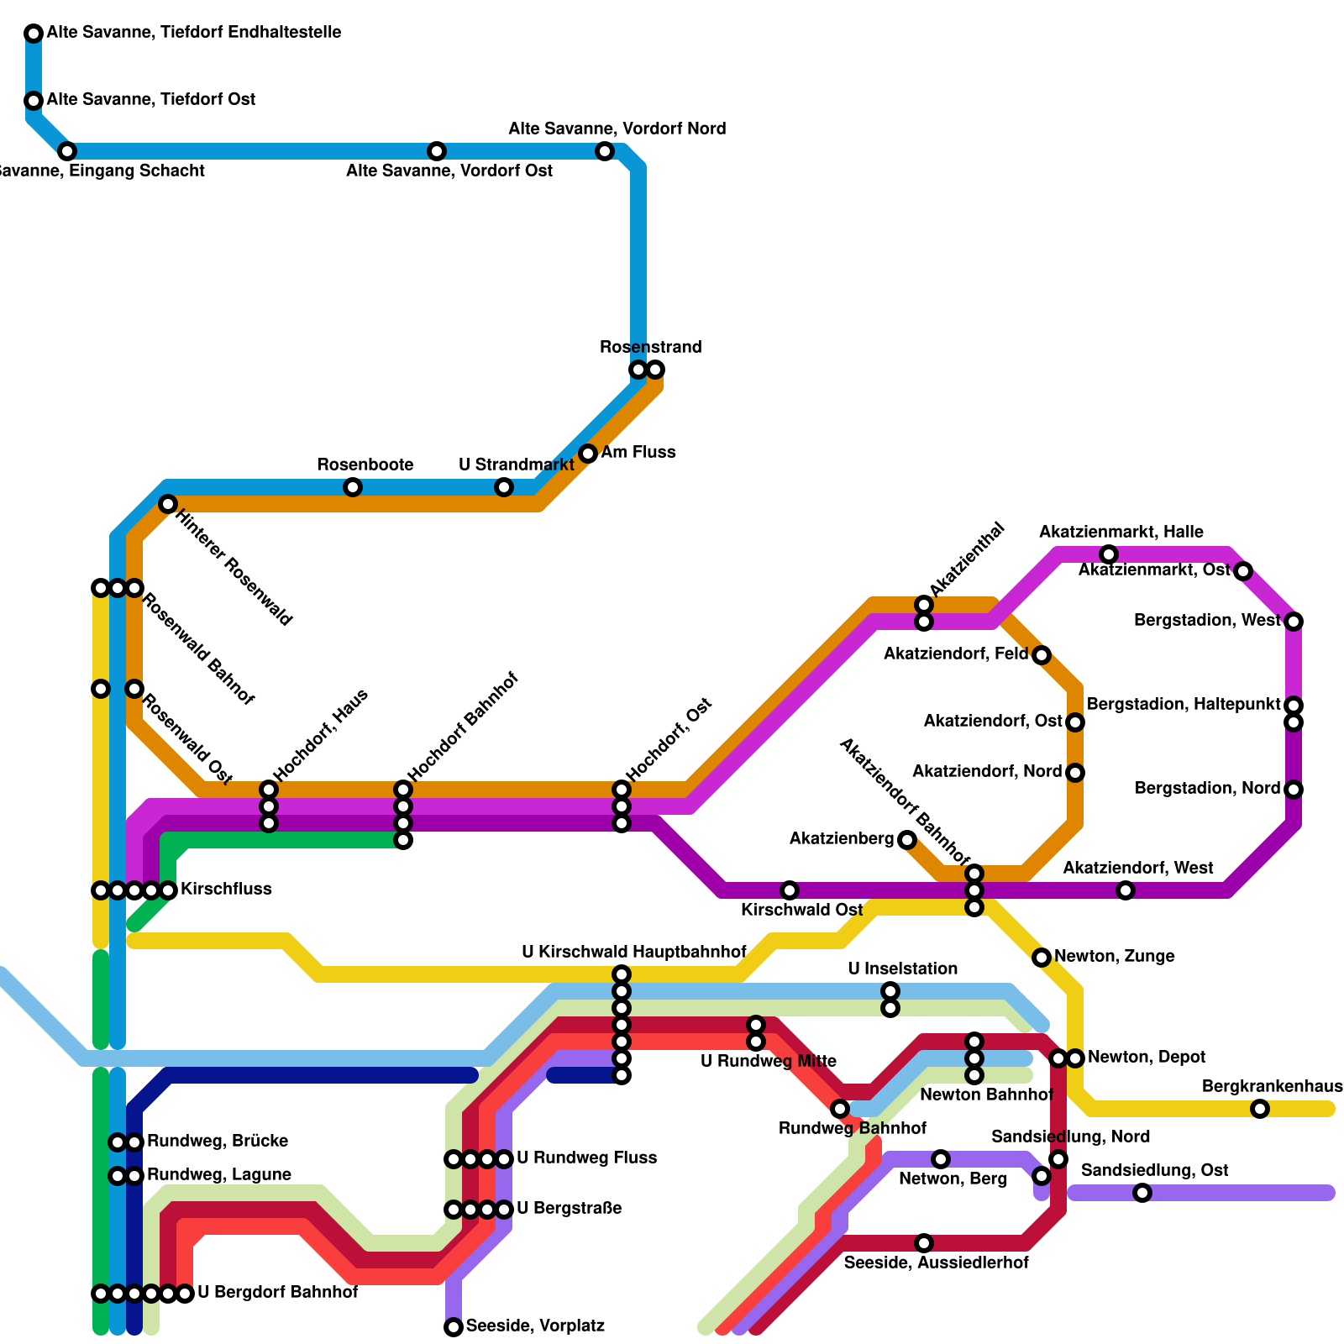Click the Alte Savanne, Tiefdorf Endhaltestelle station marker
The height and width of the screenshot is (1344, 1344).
(x=34, y=34)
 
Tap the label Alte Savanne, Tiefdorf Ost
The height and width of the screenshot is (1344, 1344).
(x=151, y=100)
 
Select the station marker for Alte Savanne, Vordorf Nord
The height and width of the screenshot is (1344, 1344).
(x=605, y=151)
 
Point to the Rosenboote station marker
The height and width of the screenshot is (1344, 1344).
(x=353, y=487)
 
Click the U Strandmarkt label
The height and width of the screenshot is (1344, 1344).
(x=516, y=465)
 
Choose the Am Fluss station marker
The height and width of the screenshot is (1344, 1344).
(x=588, y=454)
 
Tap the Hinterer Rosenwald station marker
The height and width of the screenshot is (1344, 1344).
(x=168, y=504)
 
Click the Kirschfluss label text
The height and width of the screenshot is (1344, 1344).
(x=226, y=890)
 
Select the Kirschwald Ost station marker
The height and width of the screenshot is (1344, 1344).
(x=790, y=890)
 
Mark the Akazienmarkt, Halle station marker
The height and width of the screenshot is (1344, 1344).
(x=1109, y=554)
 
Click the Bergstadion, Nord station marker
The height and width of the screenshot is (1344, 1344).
(x=1294, y=790)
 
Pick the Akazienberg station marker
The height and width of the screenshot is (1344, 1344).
(x=907, y=839)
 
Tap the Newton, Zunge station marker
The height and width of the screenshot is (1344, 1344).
(x=1042, y=958)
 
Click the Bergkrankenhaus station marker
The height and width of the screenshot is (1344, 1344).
(x=1260, y=1109)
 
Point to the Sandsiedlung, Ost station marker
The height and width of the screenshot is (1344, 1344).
(x=1142, y=1193)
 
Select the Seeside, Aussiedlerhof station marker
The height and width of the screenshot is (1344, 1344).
(x=924, y=1243)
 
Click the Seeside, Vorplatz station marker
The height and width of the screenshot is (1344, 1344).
(x=454, y=1327)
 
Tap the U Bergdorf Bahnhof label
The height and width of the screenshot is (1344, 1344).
(x=277, y=1293)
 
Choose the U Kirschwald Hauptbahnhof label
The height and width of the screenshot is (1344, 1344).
(x=633, y=953)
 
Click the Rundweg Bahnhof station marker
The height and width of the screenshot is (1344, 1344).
(x=840, y=1109)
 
